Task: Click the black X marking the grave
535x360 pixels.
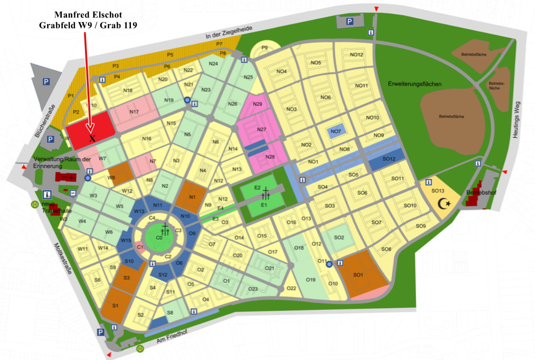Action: (92, 138)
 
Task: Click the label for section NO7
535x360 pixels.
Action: (336, 131)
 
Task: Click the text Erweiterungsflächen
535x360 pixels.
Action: (414, 84)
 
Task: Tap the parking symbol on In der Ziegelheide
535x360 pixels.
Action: (349, 21)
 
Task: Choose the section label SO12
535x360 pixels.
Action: (388, 159)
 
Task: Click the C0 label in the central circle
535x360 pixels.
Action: (159, 238)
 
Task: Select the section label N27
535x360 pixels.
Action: (262, 129)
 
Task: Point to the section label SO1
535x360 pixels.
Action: (358, 274)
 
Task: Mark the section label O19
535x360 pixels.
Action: (311, 280)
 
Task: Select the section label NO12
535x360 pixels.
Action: (357, 55)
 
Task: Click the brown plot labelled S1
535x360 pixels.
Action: (115, 306)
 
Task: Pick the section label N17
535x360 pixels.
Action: (134, 112)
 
